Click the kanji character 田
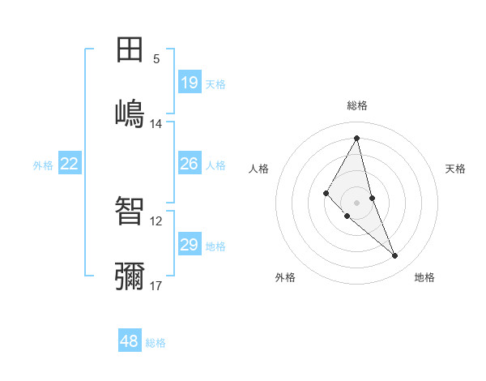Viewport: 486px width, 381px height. [130, 49]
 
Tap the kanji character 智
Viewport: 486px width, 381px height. [130, 211]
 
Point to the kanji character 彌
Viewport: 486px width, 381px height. [130, 276]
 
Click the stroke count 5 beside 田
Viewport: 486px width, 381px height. [156, 59]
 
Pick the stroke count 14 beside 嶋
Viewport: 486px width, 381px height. [156, 124]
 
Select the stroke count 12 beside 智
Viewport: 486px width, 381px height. [156, 220]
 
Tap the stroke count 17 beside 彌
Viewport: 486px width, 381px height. [156, 285]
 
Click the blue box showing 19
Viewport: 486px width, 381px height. [190, 83]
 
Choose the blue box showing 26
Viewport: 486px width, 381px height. [190, 164]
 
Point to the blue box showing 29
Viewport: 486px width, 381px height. [190, 245]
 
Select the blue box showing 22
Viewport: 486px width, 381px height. [70, 164]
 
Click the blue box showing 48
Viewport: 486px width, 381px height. [130, 341]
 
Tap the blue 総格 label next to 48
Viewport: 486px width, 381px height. [156, 343]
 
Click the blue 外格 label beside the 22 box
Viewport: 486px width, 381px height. [43, 165]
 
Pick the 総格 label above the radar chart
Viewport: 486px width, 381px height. [357, 105]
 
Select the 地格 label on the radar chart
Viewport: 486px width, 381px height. [424, 277]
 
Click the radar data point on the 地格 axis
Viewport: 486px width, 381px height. [395, 256]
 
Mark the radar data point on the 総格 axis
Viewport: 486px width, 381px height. [357, 138]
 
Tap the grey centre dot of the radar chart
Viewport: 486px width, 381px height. [357, 202]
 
